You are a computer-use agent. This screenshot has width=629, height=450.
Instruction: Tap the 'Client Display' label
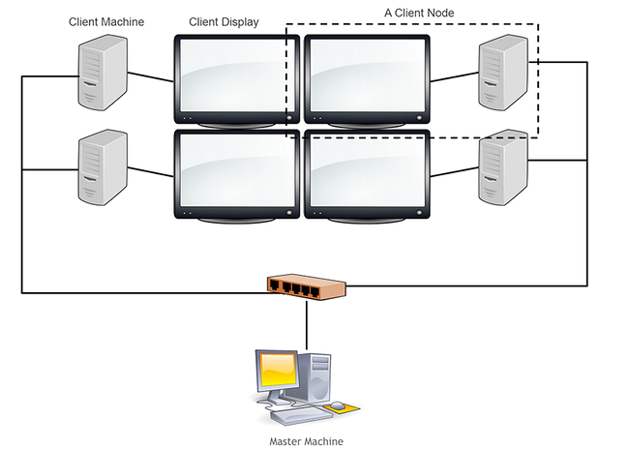coord(224,21)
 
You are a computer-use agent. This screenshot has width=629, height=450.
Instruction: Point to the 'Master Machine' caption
coord(305,441)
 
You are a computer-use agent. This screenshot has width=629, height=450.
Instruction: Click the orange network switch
coord(306,286)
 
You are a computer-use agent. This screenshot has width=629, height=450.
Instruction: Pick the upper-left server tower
coord(103,75)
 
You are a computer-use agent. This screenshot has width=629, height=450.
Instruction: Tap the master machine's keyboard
coord(295,416)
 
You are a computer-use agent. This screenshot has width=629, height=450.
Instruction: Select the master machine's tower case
coord(316,379)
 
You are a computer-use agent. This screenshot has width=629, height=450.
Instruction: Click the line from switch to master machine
coord(307,323)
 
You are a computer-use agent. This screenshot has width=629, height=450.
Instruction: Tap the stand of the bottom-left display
coord(236,219)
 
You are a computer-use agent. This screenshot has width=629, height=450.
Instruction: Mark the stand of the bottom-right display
coord(367,219)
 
